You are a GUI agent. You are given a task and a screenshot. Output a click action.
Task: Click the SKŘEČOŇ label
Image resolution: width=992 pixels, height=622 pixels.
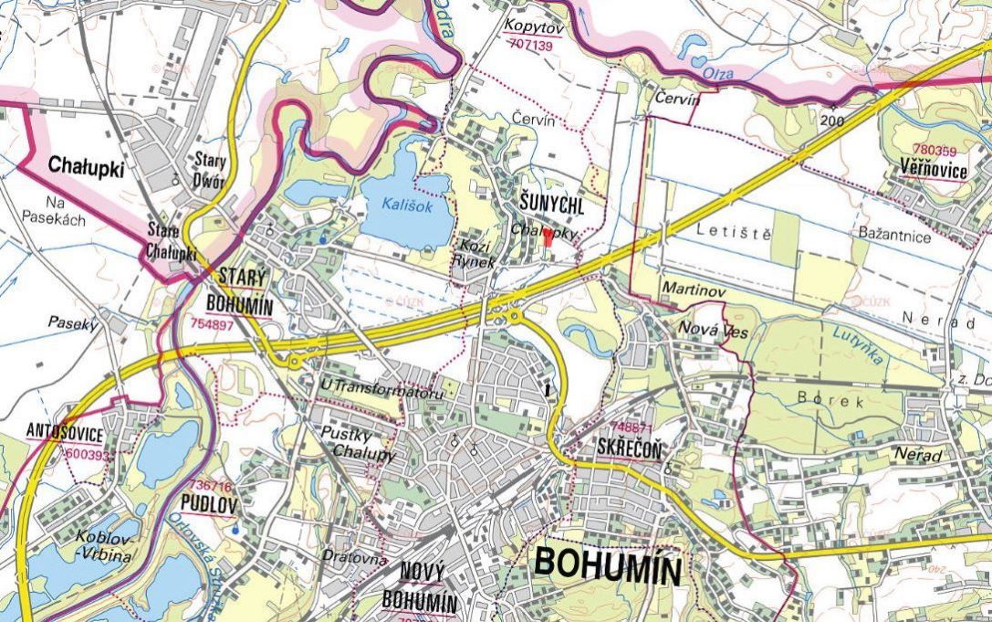(x=629, y=448)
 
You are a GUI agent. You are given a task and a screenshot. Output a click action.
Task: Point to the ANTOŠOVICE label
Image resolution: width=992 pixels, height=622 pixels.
(x=65, y=432)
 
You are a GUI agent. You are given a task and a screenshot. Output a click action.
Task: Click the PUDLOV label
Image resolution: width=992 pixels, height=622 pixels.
(x=209, y=502)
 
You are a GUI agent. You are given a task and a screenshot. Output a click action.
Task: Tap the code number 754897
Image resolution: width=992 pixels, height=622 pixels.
(x=213, y=324)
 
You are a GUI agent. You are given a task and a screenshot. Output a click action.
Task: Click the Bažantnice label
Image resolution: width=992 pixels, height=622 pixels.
(x=894, y=237)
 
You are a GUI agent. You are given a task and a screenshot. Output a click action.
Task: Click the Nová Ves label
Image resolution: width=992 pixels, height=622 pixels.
(x=713, y=331)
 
